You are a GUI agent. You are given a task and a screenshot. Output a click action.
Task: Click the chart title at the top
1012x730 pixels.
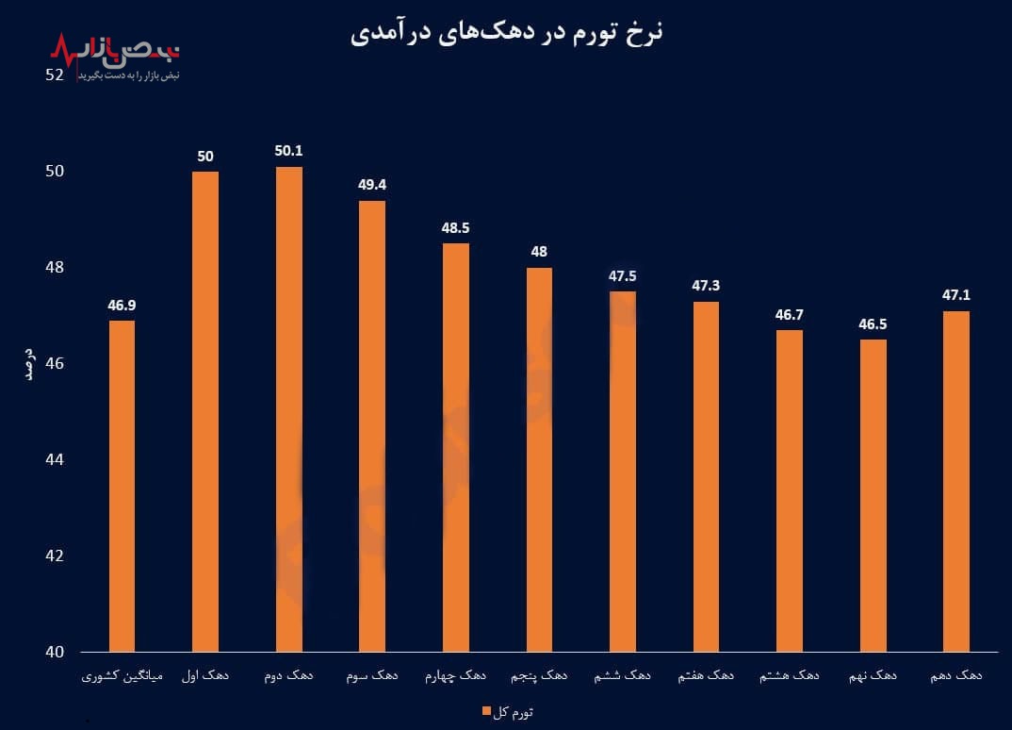click(x=507, y=33)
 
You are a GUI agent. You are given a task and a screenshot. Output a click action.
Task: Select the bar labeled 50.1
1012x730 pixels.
click(x=289, y=409)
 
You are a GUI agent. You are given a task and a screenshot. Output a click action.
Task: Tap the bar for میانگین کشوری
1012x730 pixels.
click(x=122, y=486)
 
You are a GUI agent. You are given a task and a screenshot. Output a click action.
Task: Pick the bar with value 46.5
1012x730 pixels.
click(x=873, y=495)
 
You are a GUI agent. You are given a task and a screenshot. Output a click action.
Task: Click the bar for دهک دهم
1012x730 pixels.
click(x=956, y=481)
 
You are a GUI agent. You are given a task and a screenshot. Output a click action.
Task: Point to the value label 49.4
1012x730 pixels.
click(x=372, y=184)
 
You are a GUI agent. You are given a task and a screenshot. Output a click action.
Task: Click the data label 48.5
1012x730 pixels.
click(x=456, y=227)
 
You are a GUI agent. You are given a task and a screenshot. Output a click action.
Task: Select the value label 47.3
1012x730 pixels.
click(x=706, y=285)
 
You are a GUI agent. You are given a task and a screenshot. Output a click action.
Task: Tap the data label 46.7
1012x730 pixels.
click(x=790, y=314)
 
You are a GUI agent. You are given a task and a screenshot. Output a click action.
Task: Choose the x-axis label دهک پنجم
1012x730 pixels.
click(x=540, y=677)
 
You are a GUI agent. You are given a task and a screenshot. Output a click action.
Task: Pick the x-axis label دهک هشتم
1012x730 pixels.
click(x=790, y=677)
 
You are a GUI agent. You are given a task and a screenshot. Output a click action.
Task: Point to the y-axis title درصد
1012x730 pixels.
click(x=28, y=363)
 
